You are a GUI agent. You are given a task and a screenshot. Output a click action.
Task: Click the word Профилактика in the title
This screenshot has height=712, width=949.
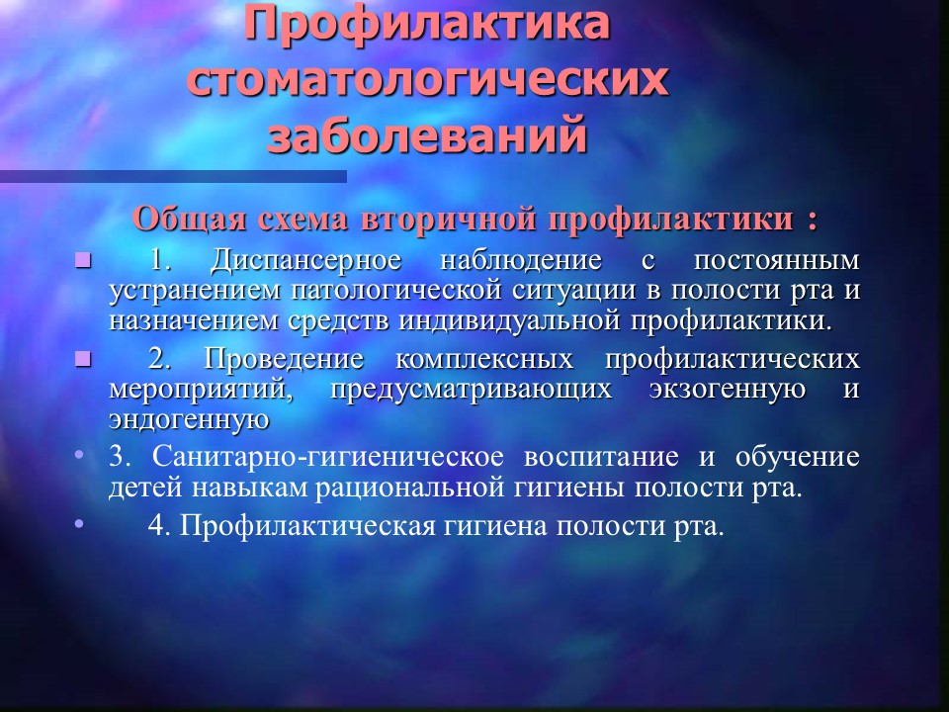pos(427,24)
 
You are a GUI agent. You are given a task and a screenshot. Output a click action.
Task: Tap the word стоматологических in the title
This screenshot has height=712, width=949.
pos(427,79)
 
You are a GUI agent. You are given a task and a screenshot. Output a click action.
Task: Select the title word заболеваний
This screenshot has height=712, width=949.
pos(427,133)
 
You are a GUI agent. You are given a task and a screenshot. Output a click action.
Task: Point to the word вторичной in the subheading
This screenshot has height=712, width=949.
pos(449,220)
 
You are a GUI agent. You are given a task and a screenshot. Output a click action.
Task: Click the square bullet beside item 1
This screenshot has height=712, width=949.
pos(83,261)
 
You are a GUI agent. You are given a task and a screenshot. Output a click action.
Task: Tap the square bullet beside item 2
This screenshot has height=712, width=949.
pos(83,360)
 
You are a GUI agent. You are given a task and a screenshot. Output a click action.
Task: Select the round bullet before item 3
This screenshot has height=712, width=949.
pos(79,454)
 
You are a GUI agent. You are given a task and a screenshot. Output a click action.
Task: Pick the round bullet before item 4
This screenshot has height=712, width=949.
pos(79,523)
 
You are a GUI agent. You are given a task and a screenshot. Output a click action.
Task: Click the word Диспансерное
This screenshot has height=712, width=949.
pos(305,261)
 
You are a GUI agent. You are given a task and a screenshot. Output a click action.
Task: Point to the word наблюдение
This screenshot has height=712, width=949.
pos(521,260)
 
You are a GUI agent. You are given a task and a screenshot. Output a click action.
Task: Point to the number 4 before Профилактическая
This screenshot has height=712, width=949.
pos(156,525)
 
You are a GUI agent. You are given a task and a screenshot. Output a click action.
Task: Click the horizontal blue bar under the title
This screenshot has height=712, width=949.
pos(173,176)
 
